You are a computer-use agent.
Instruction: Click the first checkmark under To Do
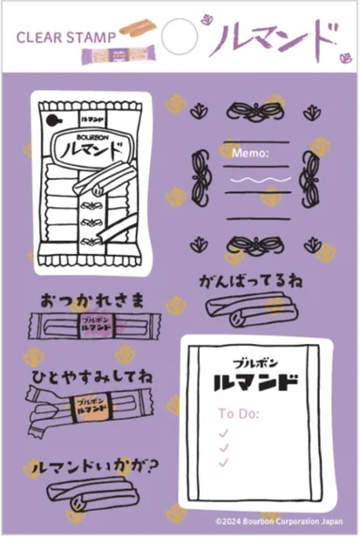pos(223,432)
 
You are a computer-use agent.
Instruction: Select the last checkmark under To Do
pos(223,462)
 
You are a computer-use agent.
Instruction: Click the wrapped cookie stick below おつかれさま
pos(90,330)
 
